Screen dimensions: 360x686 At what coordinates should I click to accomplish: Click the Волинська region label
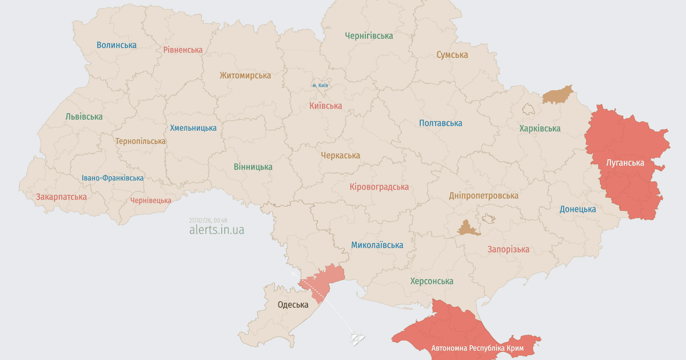pyautogui.click(x=117, y=45)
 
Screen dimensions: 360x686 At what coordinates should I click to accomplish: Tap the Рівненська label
pyautogui.click(x=182, y=50)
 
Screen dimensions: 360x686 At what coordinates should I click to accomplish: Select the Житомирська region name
pyautogui.click(x=245, y=75)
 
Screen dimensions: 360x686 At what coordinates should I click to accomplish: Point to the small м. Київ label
pyautogui.click(x=320, y=85)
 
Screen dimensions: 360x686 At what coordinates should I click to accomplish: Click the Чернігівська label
pyautogui.click(x=369, y=36)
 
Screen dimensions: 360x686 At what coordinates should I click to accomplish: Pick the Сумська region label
pyautogui.click(x=452, y=55)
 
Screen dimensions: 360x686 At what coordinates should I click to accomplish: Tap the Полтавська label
pyautogui.click(x=440, y=123)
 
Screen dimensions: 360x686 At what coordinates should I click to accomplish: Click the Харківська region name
pyautogui.click(x=540, y=129)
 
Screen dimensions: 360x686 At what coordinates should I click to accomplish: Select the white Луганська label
pyautogui.click(x=625, y=163)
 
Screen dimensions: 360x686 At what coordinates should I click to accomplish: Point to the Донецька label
pyautogui.click(x=577, y=209)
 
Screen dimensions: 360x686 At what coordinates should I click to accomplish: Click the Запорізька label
pyautogui.click(x=508, y=249)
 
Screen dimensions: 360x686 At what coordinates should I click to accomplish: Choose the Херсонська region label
pyautogui.click(x=432, y=281)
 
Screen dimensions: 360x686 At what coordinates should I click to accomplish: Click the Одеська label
pyautogui.click(x=293, y=305)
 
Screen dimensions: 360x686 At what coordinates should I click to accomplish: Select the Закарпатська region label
pyautogui.click(x=61, y=197)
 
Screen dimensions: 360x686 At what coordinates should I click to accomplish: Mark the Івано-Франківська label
pyautogui.click(x=113, y=178)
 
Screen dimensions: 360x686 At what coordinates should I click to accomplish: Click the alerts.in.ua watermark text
pyautogui.click(x=217, y=230)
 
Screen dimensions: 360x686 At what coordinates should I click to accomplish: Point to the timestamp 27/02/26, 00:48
pyautogui.click(x=208, y=220)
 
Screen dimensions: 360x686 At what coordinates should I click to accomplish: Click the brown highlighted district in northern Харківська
pyautogui.click(x=557, y=95)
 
